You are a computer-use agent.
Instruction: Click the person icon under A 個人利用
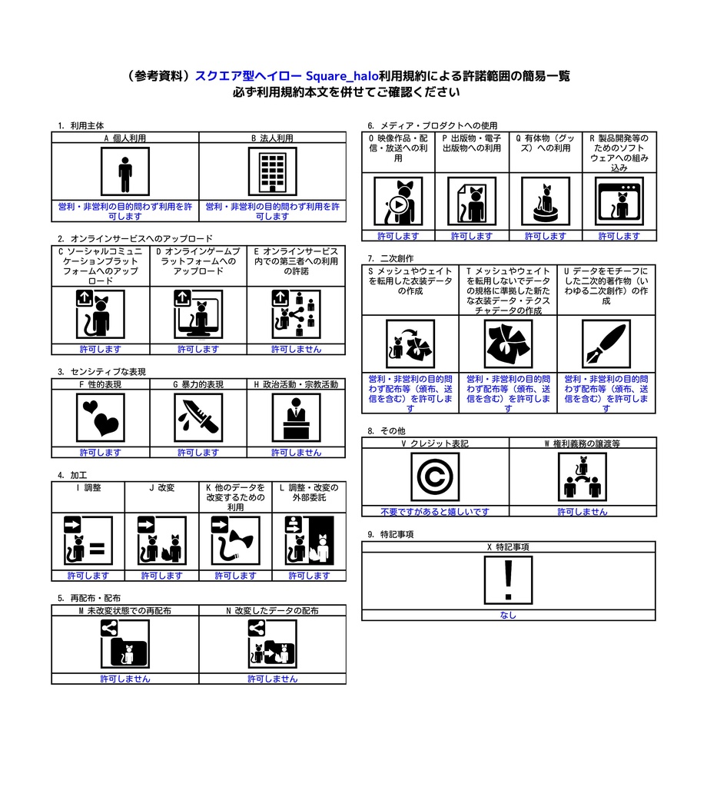[125, 172]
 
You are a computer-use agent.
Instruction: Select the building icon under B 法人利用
[272, 172]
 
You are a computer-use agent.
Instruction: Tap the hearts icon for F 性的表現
[101, 417]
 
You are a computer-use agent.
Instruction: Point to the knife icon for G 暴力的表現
[198, 417]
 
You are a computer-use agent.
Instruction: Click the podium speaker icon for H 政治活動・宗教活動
[296, 417]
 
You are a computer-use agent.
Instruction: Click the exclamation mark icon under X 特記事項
[508, 580]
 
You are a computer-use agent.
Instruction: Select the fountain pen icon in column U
[606, 344]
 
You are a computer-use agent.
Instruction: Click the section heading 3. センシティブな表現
[101, 371]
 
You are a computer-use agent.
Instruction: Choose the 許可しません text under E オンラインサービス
[296, 349]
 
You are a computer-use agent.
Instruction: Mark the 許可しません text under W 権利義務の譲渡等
[583, 511]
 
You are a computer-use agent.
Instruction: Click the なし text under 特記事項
[508, 615]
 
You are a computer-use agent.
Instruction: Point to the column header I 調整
[88, 487]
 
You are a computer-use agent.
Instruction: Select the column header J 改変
[161, 487]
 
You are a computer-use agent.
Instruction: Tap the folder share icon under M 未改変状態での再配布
[125, 645]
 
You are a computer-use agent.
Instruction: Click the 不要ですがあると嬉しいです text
[435, 511]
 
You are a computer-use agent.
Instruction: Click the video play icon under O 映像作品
[398, 202]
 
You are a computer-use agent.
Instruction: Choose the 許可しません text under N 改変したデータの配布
[272, 679]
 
